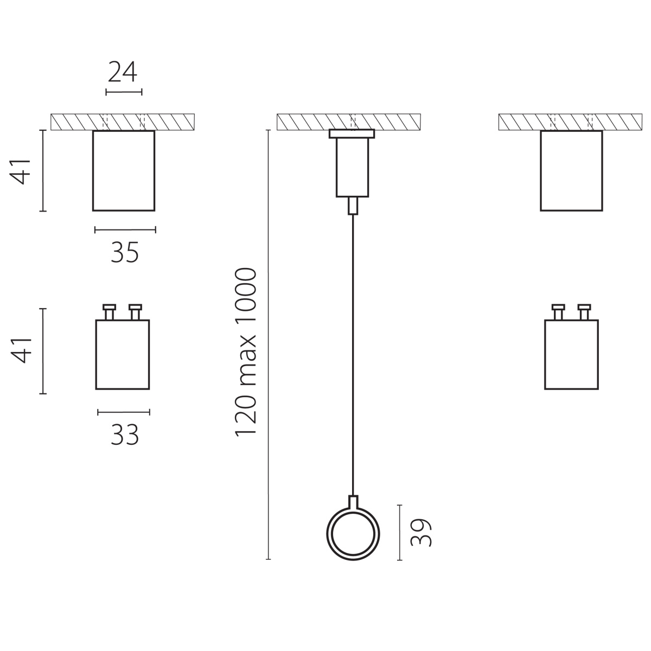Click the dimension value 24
[122, 72]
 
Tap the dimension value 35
[125, 253]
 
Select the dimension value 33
[125, 435]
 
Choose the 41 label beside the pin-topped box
[21, 350]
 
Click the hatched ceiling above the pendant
[349, 122]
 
